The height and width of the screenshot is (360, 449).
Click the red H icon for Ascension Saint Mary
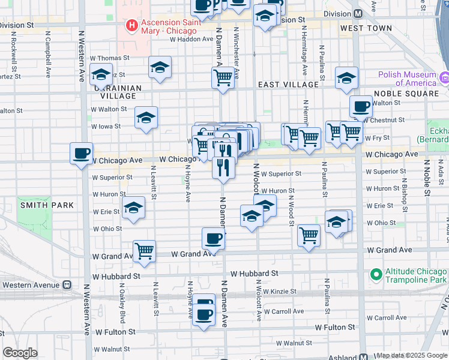point(130,26)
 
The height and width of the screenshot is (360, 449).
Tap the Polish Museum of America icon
point(444,78)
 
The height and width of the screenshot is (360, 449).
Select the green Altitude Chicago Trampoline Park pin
point(376,275)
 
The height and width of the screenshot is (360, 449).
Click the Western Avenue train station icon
point(67,284)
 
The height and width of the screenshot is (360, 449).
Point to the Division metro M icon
point(358,13)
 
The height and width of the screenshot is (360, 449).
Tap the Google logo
point(20,353)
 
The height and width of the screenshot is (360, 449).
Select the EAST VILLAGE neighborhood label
point(285,85)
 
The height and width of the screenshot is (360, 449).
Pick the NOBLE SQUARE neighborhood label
point(406,94)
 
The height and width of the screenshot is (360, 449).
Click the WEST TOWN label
point(361,28)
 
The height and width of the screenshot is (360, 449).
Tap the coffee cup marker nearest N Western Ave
point(82,153)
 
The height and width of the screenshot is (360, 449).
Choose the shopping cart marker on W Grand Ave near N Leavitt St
point(144,251)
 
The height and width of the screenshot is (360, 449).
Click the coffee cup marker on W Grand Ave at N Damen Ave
point(213,239)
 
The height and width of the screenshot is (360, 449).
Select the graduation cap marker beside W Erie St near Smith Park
point(133,208)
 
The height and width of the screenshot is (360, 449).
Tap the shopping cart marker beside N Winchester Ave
point(223,77)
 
